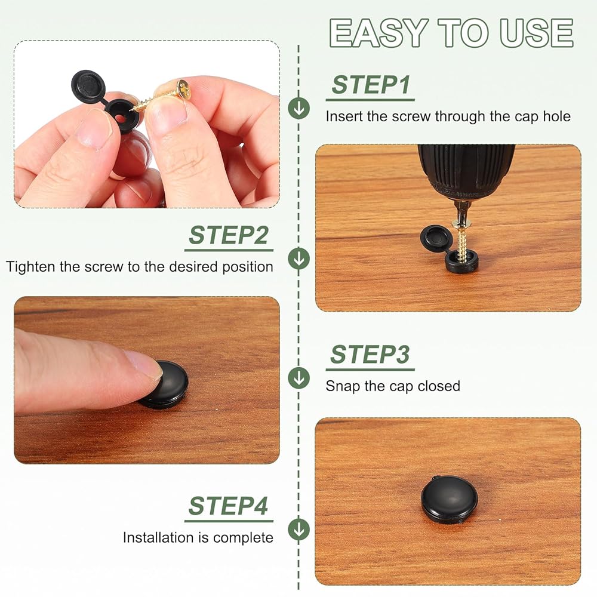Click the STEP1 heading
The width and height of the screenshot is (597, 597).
pos(371,85)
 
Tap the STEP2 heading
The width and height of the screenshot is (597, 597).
pos(229,235)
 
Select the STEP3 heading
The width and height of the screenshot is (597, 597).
pos(370,355)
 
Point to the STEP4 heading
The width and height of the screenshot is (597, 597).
pos(228,506)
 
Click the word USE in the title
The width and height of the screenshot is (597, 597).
pos(537,33)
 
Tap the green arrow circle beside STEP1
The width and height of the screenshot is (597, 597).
pos(299,107)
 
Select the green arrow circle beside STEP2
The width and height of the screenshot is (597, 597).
pos(299,259)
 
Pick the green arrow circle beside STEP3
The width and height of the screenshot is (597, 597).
pos(299,378)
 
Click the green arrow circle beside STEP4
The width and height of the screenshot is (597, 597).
pos(299,529)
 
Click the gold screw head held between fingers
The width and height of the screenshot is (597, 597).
pos(184,90)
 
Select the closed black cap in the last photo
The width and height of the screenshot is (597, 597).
pos(450,500)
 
